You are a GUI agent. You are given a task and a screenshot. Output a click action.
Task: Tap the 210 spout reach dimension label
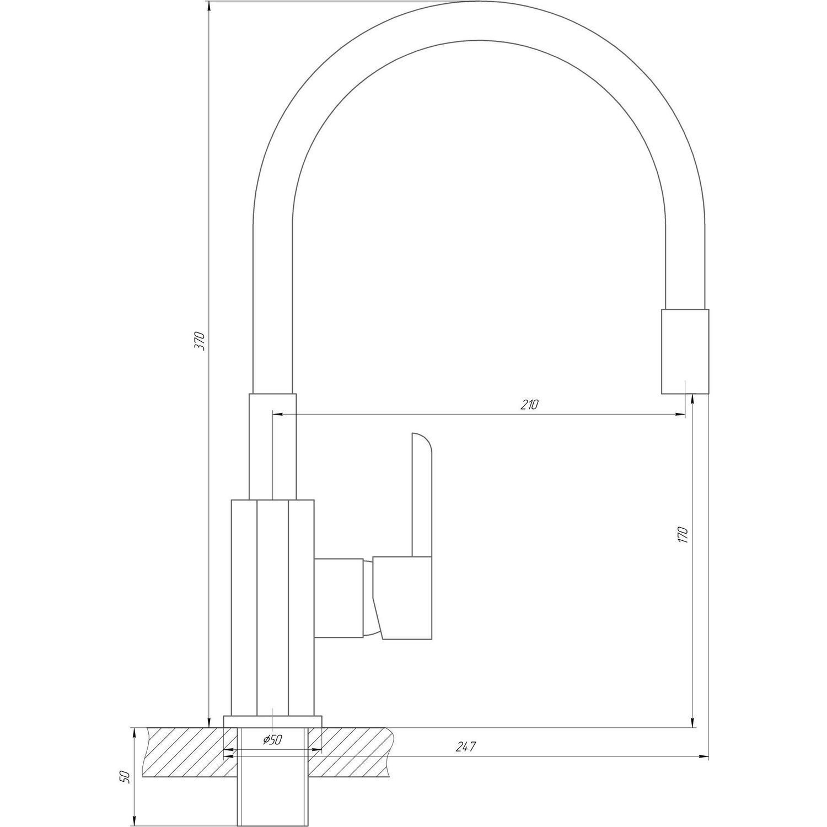[529, 404]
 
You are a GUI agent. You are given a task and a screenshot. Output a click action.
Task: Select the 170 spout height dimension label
[683, 534]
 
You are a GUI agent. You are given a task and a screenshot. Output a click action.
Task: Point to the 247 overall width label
[465, 747]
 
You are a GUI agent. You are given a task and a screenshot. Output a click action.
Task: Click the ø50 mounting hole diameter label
[272, 740]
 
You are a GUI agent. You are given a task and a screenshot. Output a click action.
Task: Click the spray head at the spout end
[684, 351]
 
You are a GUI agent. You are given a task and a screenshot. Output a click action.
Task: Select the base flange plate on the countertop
[272, 722]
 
